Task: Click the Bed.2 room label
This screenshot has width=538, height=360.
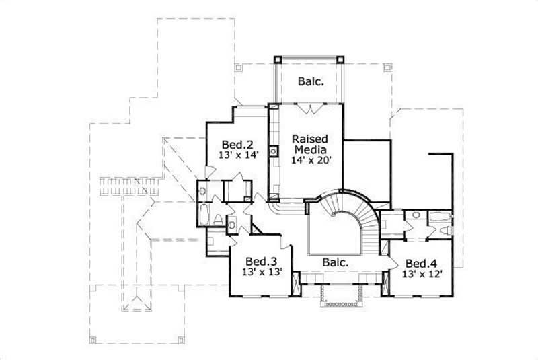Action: pos(237,144)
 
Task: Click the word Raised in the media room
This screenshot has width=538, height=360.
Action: pos(309,139)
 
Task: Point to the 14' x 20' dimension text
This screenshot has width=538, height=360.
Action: pos(309,161)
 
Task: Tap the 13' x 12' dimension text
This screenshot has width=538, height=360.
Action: pos(422,274)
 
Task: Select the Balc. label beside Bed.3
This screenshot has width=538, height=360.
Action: pos(334,262)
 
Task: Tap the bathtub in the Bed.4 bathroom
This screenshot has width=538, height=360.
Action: pos(440,217)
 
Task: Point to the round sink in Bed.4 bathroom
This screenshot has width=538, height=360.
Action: pos(416,216)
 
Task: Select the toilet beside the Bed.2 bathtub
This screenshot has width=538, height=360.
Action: pos(220,219)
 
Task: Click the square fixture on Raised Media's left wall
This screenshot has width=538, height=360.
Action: pos(274,151)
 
